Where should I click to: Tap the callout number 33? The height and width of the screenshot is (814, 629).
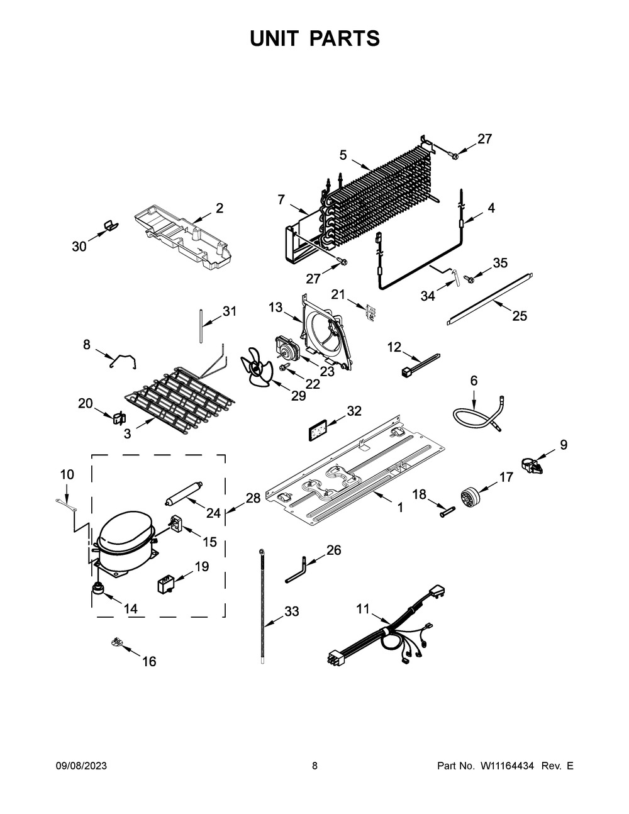pyautogui.click(x=291, y=611)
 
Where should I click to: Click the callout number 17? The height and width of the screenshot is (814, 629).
pyautogui.click(x=506, y=477)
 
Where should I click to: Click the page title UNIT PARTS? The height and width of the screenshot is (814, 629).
pyautogui.click(x=314, y=38)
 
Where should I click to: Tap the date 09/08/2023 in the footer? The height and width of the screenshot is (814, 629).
pyautogui.click(x=81, y=766)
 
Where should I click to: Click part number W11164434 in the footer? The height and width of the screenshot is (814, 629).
pyautogui.click(x=507, y=766)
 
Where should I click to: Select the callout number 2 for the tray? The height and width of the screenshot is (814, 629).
pyautogui.click(x=220, y=208)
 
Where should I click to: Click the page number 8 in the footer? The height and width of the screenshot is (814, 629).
pyautogui.click(x=314, y=766)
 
